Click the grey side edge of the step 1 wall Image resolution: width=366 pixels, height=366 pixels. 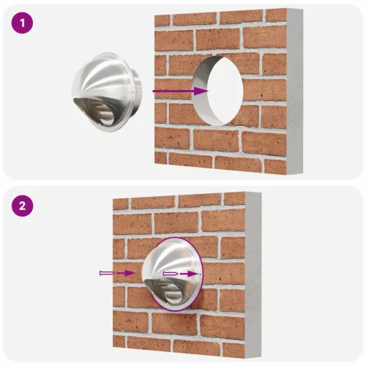click(x=295, y=91)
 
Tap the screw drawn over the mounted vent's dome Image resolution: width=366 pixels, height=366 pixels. click(x=171, y=274)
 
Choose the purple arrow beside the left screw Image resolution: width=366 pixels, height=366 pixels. click(x=126, y=273)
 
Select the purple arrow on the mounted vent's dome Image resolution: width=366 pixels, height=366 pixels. click(x=191, y=274)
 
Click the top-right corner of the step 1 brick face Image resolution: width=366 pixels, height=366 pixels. click(x=285, y=10)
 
